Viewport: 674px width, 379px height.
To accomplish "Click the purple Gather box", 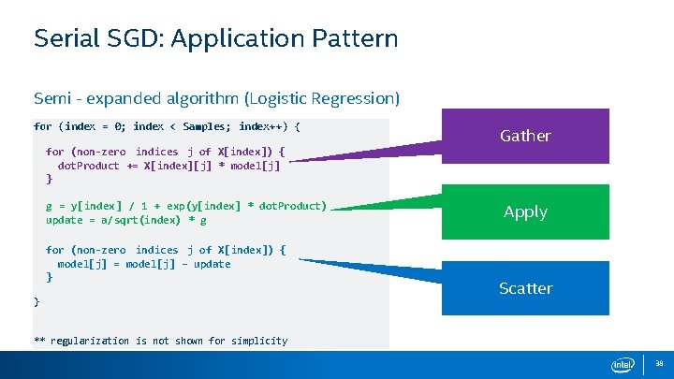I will click(524, 136).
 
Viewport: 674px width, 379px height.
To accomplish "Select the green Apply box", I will click(524, 211).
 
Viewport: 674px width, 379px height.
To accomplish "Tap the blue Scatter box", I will click(524, 288).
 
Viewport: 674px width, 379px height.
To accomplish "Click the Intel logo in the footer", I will click(623, 365).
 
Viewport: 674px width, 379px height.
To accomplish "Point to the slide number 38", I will click(659, 364).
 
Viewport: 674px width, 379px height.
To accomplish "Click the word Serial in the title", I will click(64, 39).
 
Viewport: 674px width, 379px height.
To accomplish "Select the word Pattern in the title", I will click(355, 39).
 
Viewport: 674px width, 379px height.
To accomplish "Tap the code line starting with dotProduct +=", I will click(168, 166).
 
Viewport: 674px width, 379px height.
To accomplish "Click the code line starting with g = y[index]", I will click(186, 206).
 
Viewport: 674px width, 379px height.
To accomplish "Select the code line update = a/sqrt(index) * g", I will click(126, 220).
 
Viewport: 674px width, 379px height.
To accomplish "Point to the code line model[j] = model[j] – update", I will click(144, 264).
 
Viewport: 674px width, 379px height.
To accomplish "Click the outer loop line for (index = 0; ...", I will click(167, 126).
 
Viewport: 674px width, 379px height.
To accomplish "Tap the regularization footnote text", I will click(160, 341).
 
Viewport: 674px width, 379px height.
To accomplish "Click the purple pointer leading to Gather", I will click(374, 152).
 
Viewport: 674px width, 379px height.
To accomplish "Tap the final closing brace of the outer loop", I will click(37, 301).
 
